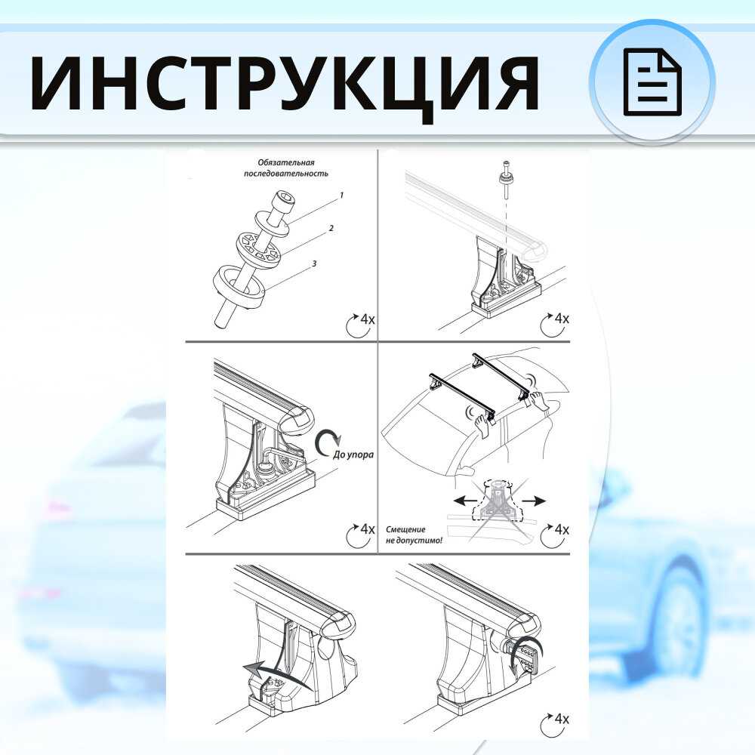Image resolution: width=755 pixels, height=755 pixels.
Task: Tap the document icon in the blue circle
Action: click(653, 82)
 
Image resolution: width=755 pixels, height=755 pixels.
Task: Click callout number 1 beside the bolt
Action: click(341, 195)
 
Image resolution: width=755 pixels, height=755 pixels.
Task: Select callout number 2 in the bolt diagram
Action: click(331, 228)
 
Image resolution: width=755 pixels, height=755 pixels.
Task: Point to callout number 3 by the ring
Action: click(314, 263)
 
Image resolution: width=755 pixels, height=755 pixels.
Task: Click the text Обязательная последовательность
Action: click(286, 168)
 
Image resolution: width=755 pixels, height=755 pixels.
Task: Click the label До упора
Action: click(353, 454)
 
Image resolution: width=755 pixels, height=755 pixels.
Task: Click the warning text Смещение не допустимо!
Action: click(414, 535)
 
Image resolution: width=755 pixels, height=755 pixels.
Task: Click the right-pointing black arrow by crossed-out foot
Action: click(534, 501)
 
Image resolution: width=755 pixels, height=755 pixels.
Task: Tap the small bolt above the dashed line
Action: click(506, 179)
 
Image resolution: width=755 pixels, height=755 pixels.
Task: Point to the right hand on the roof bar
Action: click(539, 400)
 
